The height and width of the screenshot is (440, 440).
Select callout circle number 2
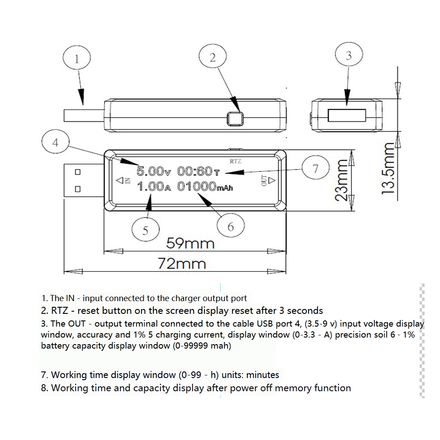pos(213,58)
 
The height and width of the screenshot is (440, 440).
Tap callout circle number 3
pos(349,56)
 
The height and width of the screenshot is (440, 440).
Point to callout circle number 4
pos(55,142)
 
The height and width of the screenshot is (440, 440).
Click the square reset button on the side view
pos(235,118)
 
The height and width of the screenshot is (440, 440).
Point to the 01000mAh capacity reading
pos(204,186)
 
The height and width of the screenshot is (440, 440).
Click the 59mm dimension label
pos(190,243)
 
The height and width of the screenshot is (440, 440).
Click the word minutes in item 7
pos(262,375)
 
